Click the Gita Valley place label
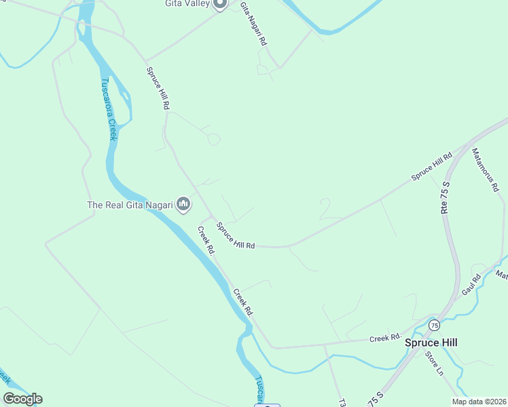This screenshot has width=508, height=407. tap(187, 3)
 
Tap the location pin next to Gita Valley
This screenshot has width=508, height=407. tap(219, 3)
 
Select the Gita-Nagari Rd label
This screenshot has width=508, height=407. tap(253, 24)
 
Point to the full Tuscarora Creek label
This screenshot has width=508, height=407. tap(108, 109)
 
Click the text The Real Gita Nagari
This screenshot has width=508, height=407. tap(130, 204)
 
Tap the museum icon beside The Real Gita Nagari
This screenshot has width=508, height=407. tap(183, 203)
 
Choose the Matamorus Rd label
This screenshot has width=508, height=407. tap(485, 170)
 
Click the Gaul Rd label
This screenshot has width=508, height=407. tap(471, 284)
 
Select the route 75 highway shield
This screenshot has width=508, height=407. tap(433, 326)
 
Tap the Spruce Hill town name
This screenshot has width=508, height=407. tap(431, 343)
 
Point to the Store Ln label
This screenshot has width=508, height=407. tap(434, 364)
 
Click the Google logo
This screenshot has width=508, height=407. tap(22, 399)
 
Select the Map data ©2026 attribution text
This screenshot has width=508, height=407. tap(479, 402)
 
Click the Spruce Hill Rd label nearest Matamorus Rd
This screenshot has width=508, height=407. tap(431, 167)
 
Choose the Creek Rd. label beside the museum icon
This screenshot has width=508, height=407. tap(206, 240)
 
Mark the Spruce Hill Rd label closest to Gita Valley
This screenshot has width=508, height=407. tap(157, 89)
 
